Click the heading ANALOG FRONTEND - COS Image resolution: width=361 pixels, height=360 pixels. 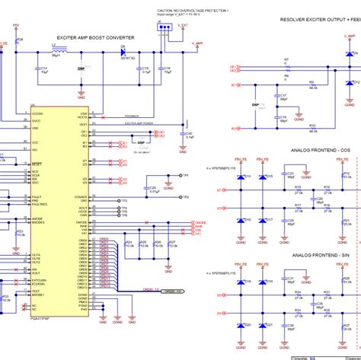[320, 151]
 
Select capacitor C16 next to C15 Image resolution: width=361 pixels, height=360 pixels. [160, 71]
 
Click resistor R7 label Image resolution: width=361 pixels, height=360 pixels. [286, 59]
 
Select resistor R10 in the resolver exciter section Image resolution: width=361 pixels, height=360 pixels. [312, 122]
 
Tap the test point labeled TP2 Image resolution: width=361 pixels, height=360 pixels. [183, 196]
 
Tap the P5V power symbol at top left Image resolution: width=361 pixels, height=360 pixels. [16, 25]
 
